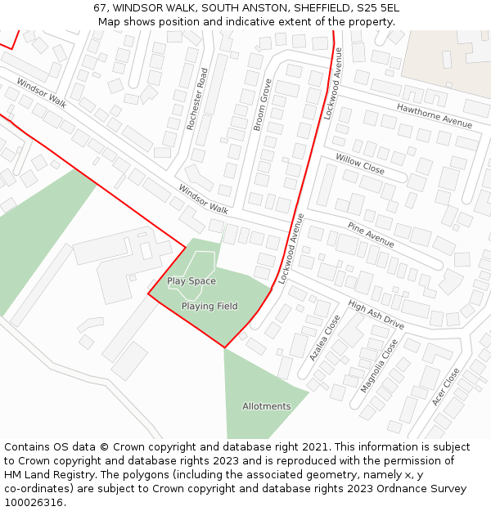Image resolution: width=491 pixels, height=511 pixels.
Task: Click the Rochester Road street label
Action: coord(198,99)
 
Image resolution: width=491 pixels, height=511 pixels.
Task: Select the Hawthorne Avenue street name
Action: coord(435,115)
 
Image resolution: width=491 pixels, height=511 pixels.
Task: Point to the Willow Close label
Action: coord(359,164)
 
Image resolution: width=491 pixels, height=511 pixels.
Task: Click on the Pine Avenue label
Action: coord(371,234)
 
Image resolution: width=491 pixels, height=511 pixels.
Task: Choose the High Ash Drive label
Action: coord(376,315)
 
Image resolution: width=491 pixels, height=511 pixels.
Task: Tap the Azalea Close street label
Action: coord(324,338)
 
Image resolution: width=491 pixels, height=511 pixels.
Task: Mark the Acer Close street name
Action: coord(446,387)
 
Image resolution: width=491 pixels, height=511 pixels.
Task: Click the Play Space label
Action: coord(191,281)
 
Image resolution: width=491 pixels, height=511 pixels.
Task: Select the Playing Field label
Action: coord(209,307)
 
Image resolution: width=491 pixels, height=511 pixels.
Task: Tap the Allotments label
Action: coord(266,406)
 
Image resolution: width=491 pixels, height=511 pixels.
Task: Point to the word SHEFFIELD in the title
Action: coord(318,8)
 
